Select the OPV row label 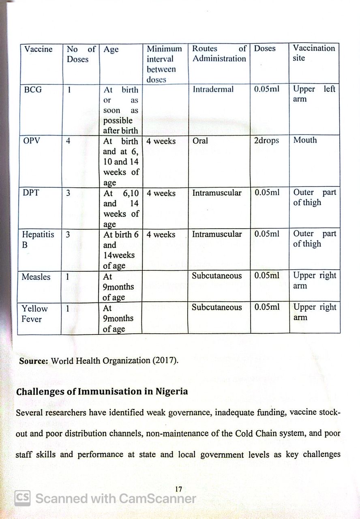(32, 141)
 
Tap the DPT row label (31, 193)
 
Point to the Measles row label (36, 277)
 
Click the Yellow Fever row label (34, 313)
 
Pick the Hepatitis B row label (38, 240)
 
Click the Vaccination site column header (314, 53)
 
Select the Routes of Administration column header (219, 54)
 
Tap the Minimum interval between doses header (164, 64)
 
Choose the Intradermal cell (213, 89)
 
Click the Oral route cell (200, 141)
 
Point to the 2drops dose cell (266, 141)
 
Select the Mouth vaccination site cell (305, 140)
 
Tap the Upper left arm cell (314, 94)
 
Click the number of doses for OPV (68, 141)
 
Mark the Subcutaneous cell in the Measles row (216, 276)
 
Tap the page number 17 (178, 489)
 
